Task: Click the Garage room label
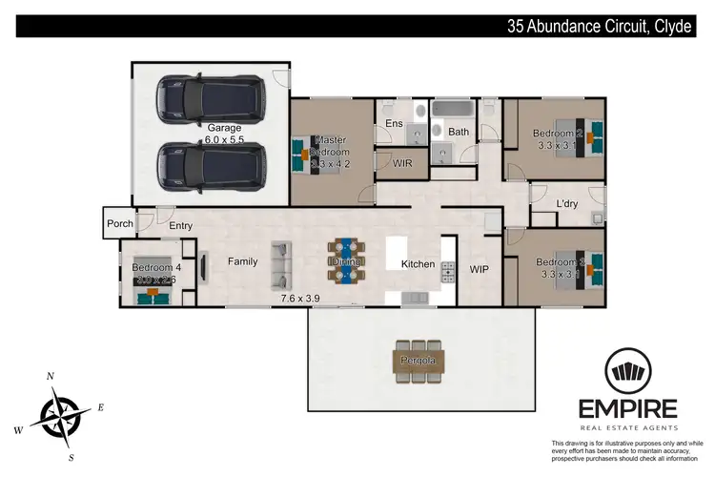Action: click(225, 127)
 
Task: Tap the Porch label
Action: click(120, 225)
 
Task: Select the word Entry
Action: click(181, 226)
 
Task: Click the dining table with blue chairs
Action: click(345, 260)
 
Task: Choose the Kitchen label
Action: click(418, 264)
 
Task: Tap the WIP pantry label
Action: click(479, 270)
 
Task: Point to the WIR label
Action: click(402, 164)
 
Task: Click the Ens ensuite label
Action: click(393, 123)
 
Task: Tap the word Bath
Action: click(459, 132)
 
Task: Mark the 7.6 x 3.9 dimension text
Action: click(300, 299)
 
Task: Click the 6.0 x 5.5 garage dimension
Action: click(225, 140)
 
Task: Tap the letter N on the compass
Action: click(51, 376)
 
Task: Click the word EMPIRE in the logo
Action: click(628, 408)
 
